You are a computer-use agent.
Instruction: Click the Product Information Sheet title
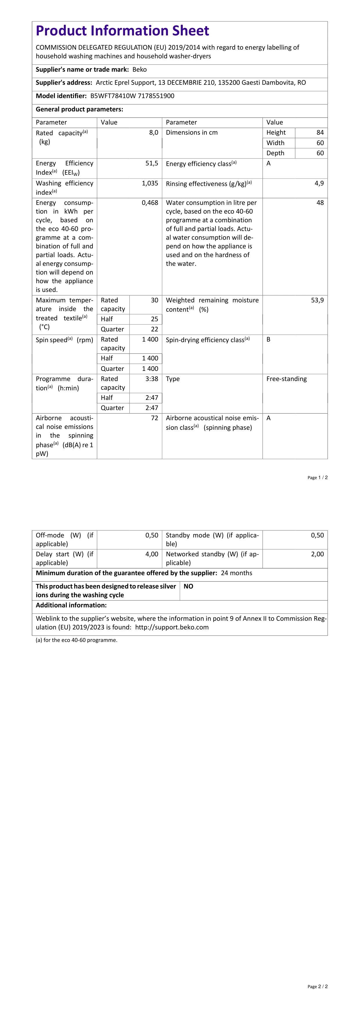(122, 31)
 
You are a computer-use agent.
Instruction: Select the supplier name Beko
(140, 70)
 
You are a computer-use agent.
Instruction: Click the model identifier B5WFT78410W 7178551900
(132, 96)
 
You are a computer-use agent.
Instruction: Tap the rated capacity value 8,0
(153, 132)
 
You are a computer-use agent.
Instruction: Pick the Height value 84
(320, 132)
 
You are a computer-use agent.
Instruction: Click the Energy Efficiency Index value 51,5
(152, 163)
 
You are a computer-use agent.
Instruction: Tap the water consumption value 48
(320, 203)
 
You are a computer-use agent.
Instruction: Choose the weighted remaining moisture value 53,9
(317, 300)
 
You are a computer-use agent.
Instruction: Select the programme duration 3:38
(151, 379)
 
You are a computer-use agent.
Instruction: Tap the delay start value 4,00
(151, 554)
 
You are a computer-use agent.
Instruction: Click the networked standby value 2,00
(317, 554)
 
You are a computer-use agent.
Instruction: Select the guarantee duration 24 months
(236, 573)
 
